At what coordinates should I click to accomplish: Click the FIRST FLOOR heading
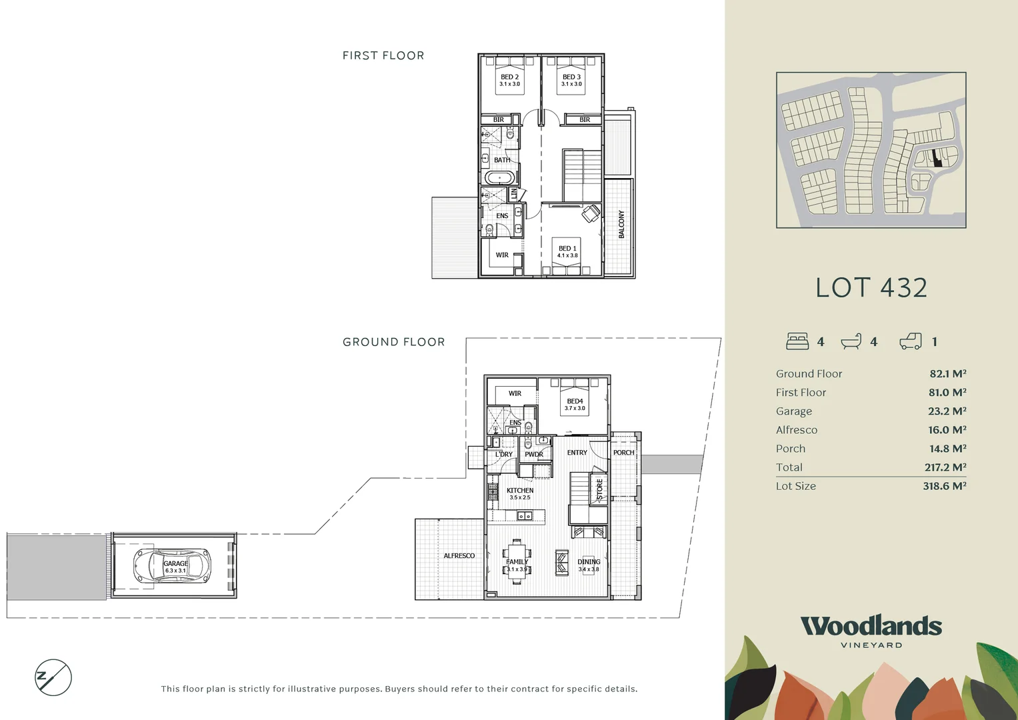point(383,55)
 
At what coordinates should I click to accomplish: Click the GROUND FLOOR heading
point(393,342)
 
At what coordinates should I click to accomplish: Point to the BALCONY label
point(621,225)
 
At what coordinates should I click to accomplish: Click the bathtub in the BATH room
point(499,177)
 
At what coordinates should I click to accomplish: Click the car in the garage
point(172,566)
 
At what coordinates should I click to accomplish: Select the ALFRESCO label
point(459,555)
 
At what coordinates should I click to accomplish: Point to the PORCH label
point(624,453)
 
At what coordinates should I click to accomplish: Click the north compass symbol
point(53,678)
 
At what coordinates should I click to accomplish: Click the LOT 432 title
point(871,288)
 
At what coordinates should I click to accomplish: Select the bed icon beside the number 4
point(797,341)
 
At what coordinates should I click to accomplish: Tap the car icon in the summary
point(911,341)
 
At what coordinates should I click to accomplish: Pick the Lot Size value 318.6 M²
point(944,486)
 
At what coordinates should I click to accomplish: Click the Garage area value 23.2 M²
point(947,411)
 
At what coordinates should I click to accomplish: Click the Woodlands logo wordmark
point(871,626)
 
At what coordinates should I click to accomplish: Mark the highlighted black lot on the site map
point(937,159)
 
